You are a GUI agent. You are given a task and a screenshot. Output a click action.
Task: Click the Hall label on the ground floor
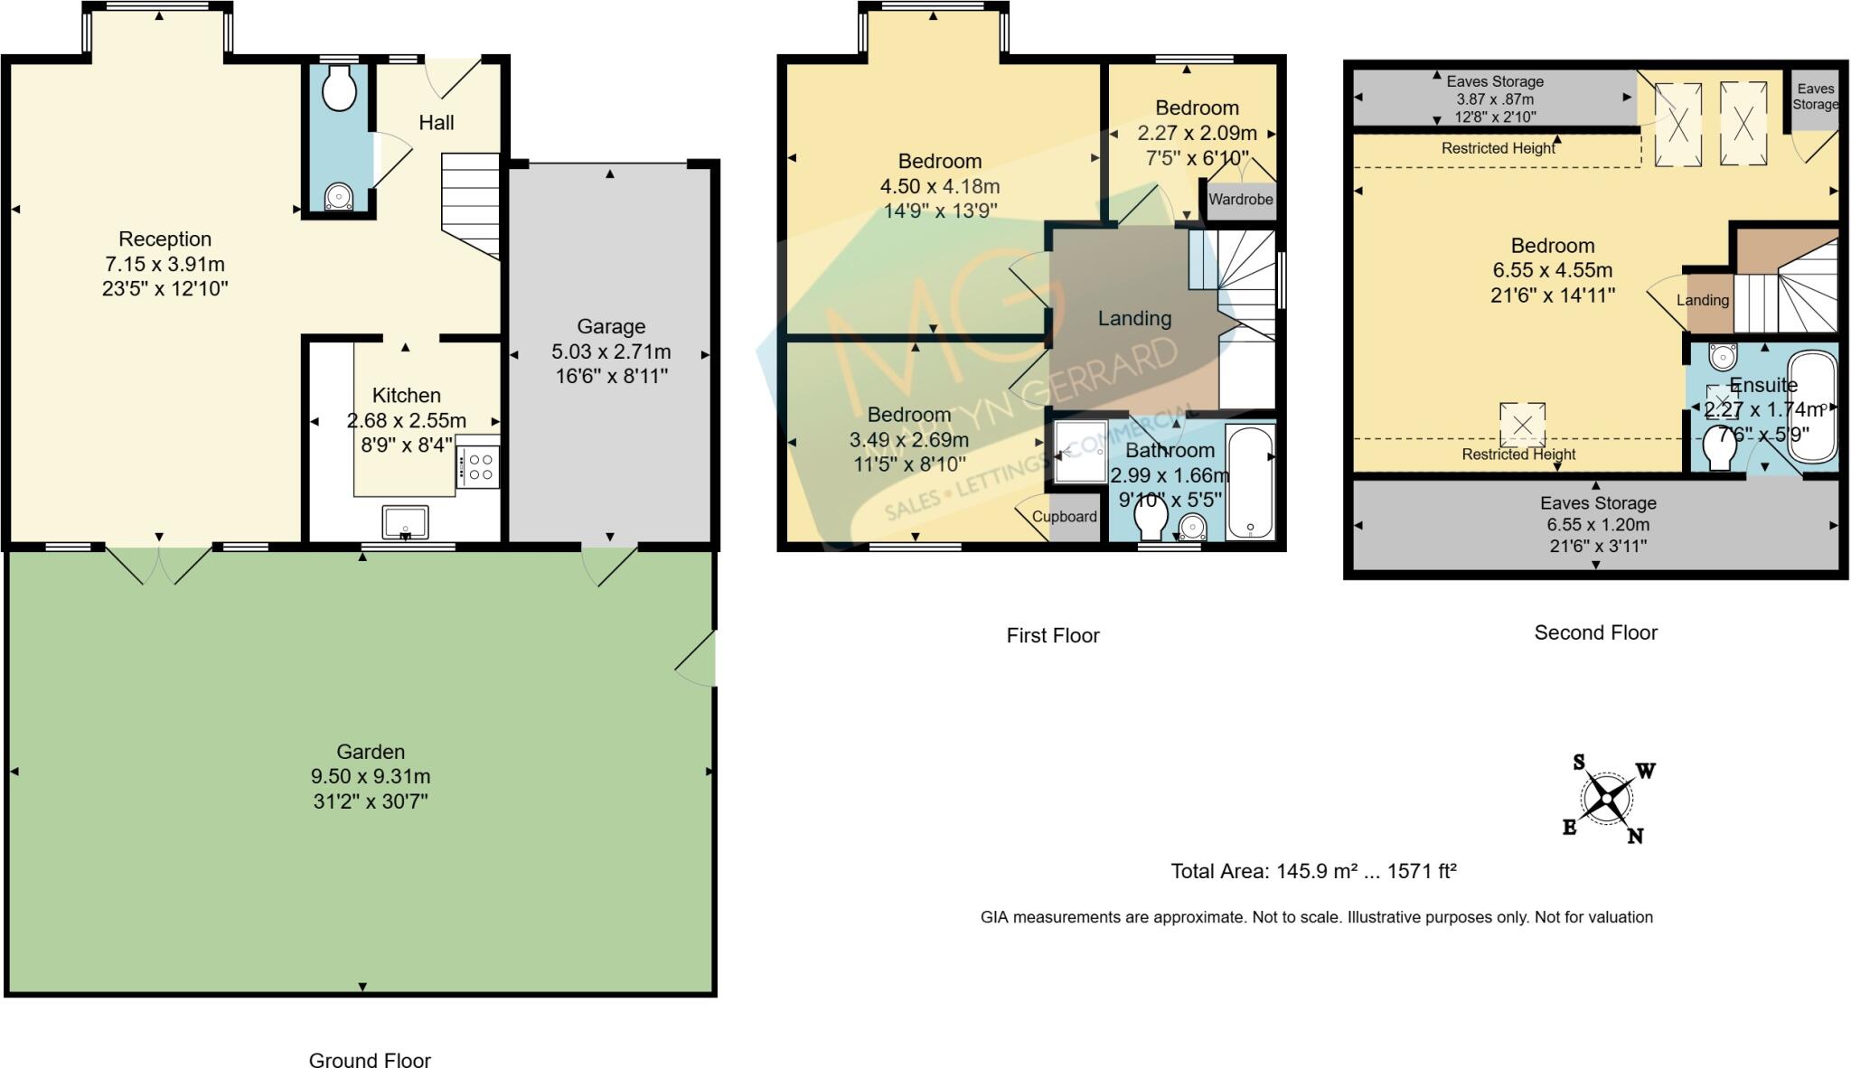tap(436, 123)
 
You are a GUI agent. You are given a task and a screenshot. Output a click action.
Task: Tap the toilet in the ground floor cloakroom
tap(339, 91)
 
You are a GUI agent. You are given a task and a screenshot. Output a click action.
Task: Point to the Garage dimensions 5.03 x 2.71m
tap(611, 351)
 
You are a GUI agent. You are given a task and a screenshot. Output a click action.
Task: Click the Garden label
tap(371, 752)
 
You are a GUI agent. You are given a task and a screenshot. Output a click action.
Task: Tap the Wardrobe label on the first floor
tap(1240, 200)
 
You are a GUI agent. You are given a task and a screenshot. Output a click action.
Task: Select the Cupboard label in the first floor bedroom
tap(1064, 517)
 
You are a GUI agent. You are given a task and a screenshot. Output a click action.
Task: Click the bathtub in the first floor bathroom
tap(1250, 483)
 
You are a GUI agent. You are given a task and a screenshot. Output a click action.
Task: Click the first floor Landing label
tap(1134, 318)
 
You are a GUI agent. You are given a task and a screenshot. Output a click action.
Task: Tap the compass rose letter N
tap(1635, 837)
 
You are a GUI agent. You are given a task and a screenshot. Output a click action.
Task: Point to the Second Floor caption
tap(1595, 632)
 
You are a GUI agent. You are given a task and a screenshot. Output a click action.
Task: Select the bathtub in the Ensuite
tap(1812, 407)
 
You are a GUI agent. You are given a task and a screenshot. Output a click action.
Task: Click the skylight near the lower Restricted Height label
tap(1522, 425)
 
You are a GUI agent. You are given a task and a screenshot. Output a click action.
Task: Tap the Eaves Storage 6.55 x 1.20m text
tap(1598, 525)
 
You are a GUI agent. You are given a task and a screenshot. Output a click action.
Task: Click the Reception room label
tap(164, 239)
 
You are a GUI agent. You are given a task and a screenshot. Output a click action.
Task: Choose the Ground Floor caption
tap(370, 1060)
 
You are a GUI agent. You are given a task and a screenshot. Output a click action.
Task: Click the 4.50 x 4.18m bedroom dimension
tap(940, 187)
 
